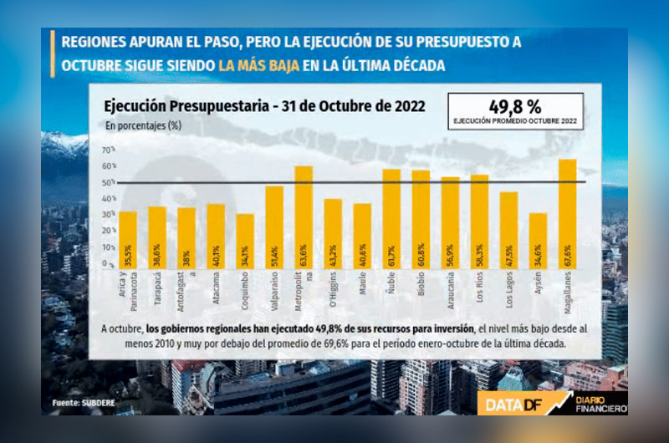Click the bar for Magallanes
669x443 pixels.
(567, 213)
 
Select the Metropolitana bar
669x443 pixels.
(304, 216)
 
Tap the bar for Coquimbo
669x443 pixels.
(245, 241)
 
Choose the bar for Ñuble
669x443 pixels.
(391, 218)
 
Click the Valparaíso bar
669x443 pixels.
(274, 227)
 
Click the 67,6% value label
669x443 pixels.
(568, 252)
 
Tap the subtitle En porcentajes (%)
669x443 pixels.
(144, 125)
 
